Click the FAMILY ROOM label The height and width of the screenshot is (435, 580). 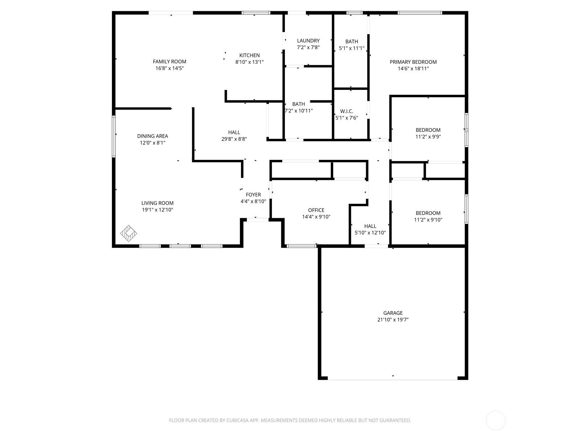click(x=169, y=62)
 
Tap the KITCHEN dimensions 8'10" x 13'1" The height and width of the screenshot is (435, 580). click(x=249, y=62)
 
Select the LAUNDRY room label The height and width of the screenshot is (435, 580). click(x=308, y=41)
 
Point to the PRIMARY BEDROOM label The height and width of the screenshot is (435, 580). click(x=413, y=62)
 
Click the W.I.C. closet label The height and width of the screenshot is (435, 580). click(x=347, y=111)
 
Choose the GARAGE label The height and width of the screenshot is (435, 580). click(x=393, y=313)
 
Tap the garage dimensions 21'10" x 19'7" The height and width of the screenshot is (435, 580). click(x=393, y=320)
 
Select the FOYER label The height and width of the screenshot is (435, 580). click(x=253, y=195)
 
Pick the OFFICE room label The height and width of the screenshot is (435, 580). click(x=316, y=210)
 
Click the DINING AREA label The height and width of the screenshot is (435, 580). click(x=152, y=136)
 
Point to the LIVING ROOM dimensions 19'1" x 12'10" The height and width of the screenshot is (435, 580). click(x=157, y=210)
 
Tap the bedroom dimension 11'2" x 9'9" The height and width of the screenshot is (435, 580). click(x=428, y=137)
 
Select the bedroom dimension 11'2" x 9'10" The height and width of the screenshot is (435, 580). click(x=428, y=220)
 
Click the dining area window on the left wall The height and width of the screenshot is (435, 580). click(x=113, y=136)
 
